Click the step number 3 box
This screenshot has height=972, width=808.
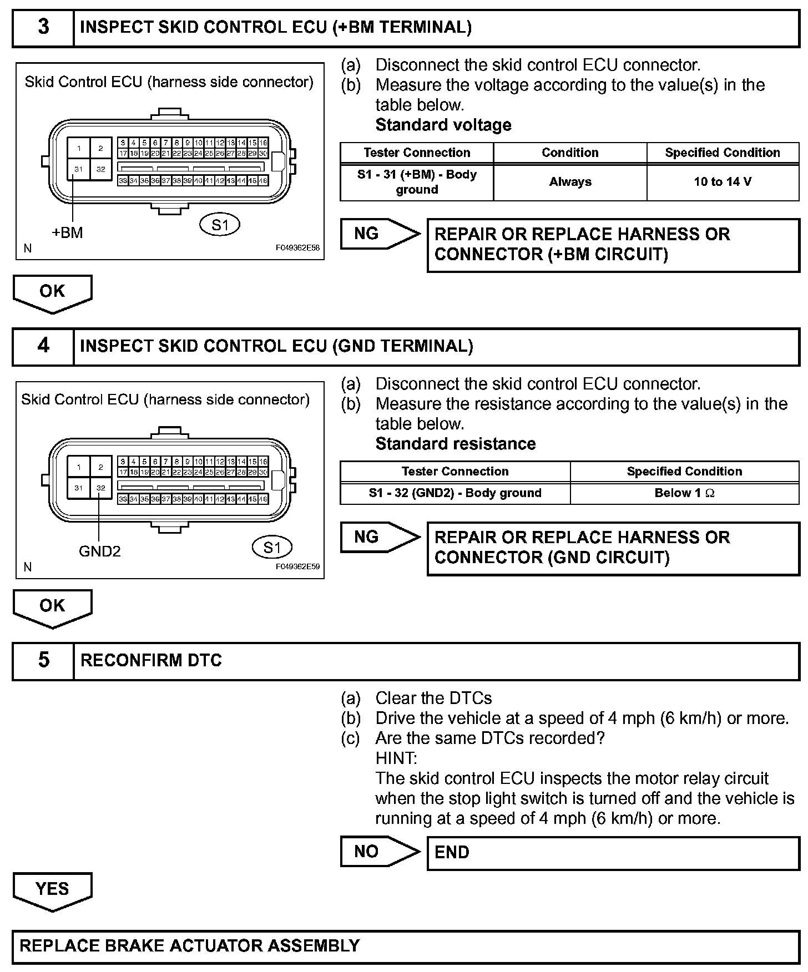pos(43,28)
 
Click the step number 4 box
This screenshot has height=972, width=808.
pos(43,346)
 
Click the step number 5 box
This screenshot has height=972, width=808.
pos(43,660)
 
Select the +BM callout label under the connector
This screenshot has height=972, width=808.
pos(67,233)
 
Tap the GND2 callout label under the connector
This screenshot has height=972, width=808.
pos(100,551)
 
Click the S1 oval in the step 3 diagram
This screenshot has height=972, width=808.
pos(220,225)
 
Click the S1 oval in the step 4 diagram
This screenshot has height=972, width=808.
pos(272,548)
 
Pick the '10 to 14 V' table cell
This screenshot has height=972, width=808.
pos(723,182)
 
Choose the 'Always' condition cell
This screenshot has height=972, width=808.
pos(570,182)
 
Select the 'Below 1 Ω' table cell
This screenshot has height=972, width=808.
pos(684,493)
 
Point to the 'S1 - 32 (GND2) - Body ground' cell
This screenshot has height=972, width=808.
pos(455,493)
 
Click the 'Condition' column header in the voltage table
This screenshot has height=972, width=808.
pos(570,153)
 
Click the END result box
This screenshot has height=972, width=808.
pos(613,853)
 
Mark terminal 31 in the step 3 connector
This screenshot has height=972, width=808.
pos(79,169)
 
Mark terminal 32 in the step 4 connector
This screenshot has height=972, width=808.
pos(100,488)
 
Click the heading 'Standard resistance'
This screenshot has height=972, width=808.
pos(456,444)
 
